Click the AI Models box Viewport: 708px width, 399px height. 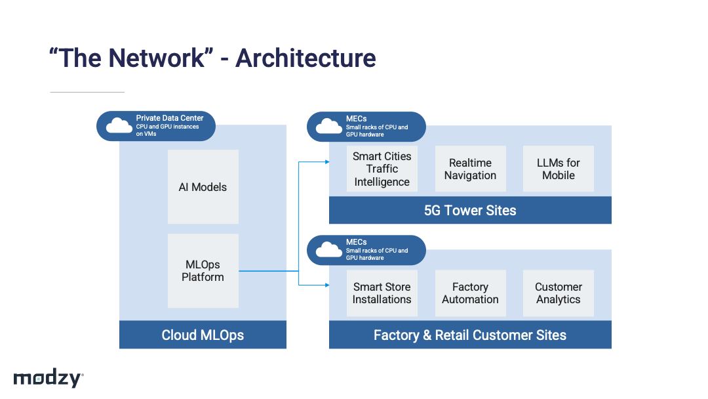tap(203, 186)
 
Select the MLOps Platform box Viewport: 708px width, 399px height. tap(203, 270)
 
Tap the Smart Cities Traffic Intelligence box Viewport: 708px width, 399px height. tap(382, 169)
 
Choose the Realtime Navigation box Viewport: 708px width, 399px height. tap(471, 169)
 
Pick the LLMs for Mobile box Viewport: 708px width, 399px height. tap(559, 169)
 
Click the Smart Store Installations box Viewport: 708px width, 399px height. tap(382, 293)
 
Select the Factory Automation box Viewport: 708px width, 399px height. tap(471, 293)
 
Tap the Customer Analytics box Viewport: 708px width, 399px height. tap(559, 293)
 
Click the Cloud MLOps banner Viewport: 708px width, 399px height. tap(203, 335)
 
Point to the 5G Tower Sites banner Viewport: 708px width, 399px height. tap(470, 210)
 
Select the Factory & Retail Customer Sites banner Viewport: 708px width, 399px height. tap(470, 335)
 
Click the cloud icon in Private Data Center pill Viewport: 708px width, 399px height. tap(119, 125)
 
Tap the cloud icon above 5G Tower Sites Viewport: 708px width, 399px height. tap(328, 126)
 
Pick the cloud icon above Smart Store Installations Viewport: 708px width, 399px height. tap(328, 249)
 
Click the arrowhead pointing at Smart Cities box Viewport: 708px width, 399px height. tap(327, 162)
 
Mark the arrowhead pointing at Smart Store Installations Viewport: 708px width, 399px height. tap(327, 285)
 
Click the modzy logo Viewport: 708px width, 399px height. tap(49, 378)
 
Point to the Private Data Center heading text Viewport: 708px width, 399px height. tap(170, 118)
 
